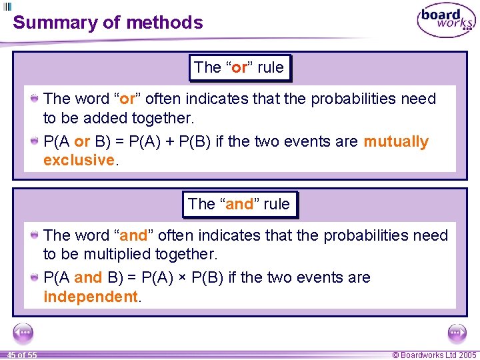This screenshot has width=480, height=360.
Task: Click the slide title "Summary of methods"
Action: coord(107,23)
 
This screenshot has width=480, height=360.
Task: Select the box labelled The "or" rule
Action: coord(239,67)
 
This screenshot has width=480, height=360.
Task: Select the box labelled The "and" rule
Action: coord(239,204)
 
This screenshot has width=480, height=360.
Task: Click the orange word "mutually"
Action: coord(396,142)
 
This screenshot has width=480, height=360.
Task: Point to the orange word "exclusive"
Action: coord(79,160)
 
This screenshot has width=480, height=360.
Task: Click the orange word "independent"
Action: coord(90,297)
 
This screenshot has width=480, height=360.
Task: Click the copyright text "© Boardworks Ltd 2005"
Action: coord(434,355)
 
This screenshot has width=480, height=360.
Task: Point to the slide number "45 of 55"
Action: coord(21,355)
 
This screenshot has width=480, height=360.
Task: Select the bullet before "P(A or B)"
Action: coord(34,142)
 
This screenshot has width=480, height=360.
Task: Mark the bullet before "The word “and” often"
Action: coord(34,235)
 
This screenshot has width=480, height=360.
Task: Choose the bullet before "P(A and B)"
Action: coord(34,278)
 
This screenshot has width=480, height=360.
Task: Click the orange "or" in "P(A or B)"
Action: coord(81,142)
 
